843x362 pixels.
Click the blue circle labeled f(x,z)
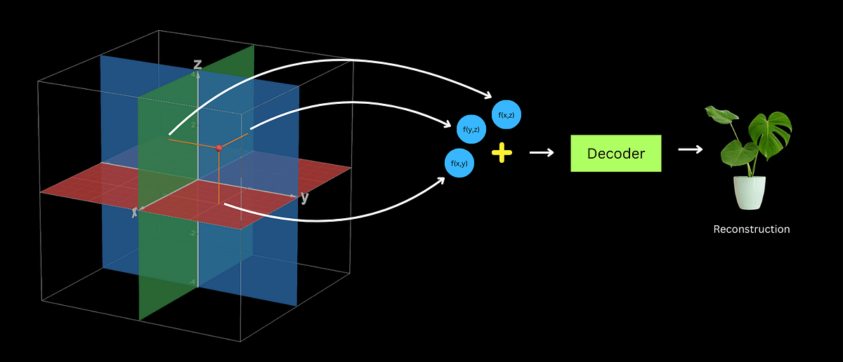506,115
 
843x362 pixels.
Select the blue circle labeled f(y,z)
471,129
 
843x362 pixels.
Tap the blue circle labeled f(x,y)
460,163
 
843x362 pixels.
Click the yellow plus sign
501,153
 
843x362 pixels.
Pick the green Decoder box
615,154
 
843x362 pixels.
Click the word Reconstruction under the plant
751,229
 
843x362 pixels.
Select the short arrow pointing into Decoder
541,153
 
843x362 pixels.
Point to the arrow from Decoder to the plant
691,149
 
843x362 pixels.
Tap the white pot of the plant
750,192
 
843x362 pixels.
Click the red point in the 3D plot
219,147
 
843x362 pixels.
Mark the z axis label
197,65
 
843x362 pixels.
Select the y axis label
304,198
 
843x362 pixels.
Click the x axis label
135,211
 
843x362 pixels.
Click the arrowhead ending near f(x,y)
442,180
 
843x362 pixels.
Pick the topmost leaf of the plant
717,114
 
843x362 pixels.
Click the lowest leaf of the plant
732,152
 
